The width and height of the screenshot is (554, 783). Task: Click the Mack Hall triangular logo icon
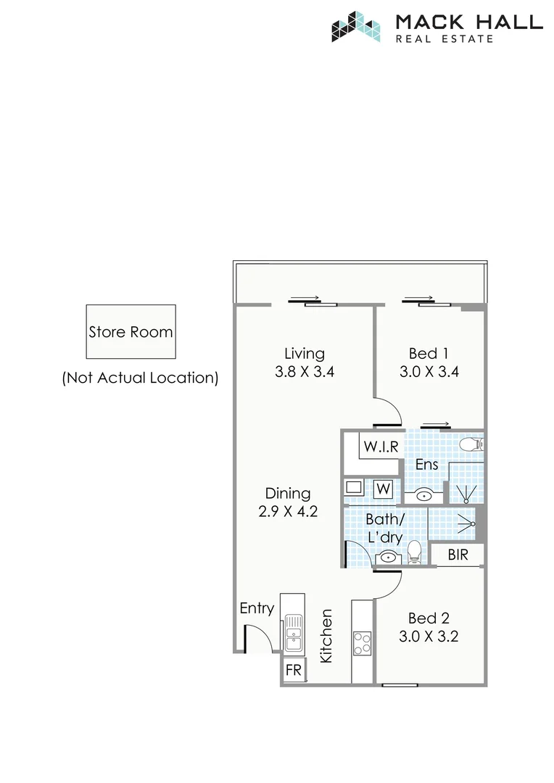point(356,26)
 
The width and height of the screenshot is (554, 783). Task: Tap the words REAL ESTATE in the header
point(444,38)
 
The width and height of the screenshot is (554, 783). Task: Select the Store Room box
point(131,332)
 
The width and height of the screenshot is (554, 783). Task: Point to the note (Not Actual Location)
point(140,378)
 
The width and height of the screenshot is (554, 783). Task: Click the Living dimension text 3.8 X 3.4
point(305,373)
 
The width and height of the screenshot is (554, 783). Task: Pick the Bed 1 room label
point(428,354)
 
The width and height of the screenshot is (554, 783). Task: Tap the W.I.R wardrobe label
point(381,447)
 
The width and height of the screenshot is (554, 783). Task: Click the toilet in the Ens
point(472,444)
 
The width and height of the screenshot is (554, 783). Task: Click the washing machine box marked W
point(384,489)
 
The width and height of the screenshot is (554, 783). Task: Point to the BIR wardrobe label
point(458,556)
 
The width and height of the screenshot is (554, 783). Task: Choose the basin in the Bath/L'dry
point(389,558)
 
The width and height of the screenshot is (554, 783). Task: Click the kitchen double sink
point(293,631)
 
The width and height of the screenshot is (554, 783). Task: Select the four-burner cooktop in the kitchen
point(363,643)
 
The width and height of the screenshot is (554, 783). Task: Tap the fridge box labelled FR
point(294,671)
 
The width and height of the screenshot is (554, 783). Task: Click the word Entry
point(257,608)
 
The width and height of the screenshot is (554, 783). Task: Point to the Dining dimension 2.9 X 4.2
point(288,511)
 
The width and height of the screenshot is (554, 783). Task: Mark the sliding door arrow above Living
point(305,298)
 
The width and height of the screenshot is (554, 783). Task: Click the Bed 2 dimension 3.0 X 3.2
point(428,637)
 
